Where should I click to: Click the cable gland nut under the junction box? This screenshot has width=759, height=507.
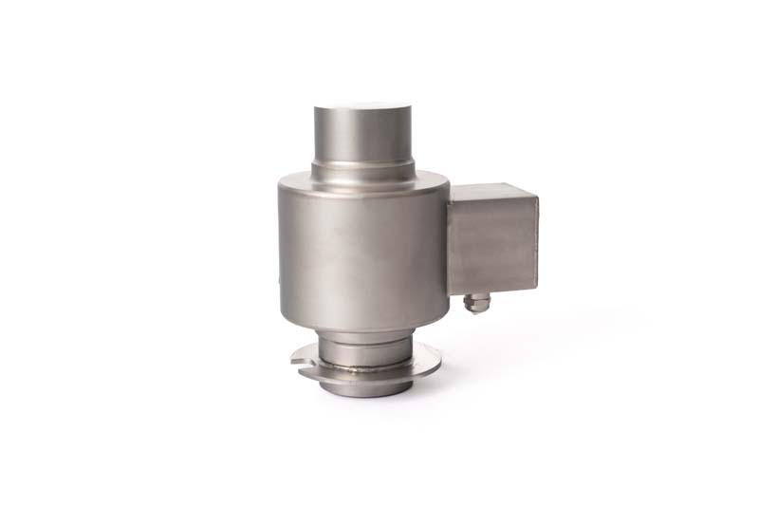tap(476, 304)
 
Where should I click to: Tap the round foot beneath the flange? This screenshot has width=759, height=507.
tap(365, 385)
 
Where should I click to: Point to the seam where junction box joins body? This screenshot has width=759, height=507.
tap(450, 242)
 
